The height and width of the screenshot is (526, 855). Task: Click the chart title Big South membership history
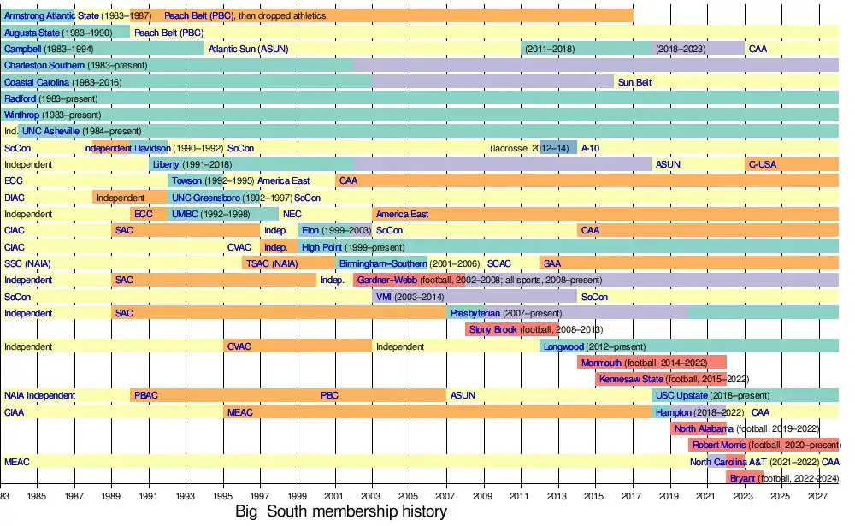pyautogui.click(x=341, y=512)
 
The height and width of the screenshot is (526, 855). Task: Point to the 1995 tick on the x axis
pyautogui.click(x=223, y=496)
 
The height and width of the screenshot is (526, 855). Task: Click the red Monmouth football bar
pyautogui.click(x=652, y=363)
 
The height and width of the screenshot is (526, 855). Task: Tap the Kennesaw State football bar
pyautogui.click(x=661, y=379)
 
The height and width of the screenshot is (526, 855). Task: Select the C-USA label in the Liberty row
pyautogui.click(x=763, y=164)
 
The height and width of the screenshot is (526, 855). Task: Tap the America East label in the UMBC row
pyautogui.click(x=403, y=214)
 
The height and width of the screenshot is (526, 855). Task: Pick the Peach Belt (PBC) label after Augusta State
pyautogui.click(x=169, y=33)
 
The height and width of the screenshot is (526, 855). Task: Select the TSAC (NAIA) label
pyautogui.click(x=272, y=263)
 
